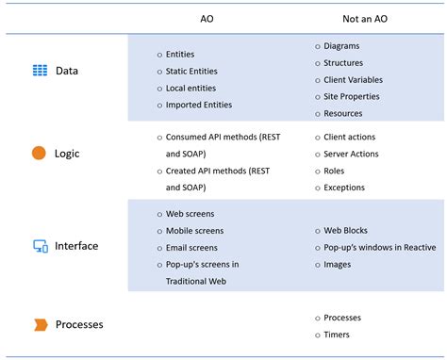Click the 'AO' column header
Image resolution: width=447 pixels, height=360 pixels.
point(207,18)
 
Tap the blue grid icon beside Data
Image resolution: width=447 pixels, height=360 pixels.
point(40,70)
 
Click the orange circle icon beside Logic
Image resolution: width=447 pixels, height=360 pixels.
point(40,153)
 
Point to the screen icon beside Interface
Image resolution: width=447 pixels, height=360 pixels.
point(41,246)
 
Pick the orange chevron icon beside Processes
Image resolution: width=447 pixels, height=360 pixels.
point(41,325)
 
